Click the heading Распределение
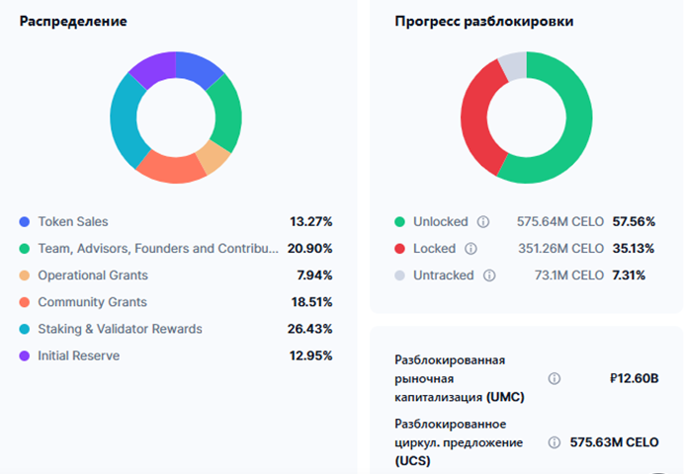coord(72,21)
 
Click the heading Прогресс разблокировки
coord(484,21)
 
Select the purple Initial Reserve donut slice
coord(151,68)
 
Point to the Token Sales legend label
coord(73,222)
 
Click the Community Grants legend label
coord(93,302)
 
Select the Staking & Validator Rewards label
coord(120,329)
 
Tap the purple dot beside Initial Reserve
coord(24,355)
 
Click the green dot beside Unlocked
coord(399,222)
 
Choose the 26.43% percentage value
coord(309,329)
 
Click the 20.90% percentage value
coord(309,249)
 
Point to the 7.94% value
coord(313,276)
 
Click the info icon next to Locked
coord(470,249)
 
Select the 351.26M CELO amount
coord(560,249)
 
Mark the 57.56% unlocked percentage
coord(629,222)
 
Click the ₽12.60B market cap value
coord(634,378)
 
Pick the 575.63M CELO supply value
coord(614,442)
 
